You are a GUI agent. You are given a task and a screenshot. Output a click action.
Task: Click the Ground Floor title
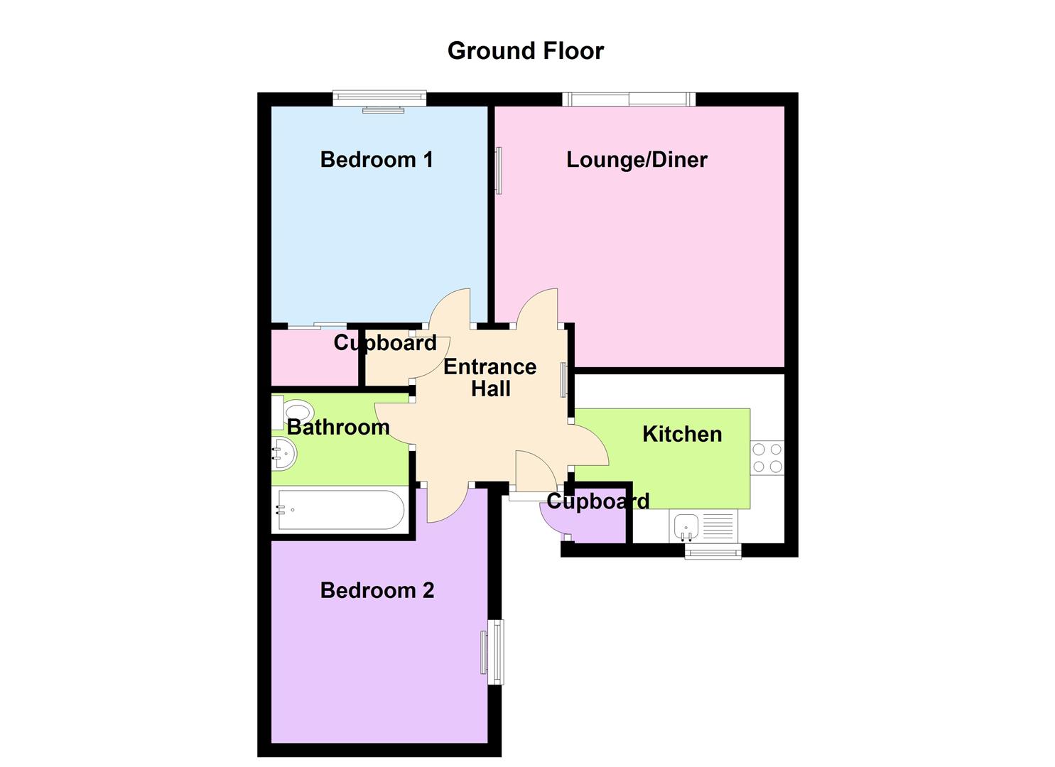526,51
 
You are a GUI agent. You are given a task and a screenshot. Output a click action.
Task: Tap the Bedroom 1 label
377,160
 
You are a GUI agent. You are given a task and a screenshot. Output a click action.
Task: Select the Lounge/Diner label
637,160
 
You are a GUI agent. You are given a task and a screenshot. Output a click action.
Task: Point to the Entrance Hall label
490,378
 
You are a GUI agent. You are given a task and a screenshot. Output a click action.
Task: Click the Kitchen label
682,434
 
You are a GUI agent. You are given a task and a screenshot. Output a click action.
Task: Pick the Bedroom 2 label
377,590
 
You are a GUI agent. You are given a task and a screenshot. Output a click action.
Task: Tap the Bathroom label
338,428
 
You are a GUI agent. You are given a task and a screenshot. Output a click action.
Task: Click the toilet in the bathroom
293,413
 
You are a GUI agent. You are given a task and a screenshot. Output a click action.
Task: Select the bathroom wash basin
284,454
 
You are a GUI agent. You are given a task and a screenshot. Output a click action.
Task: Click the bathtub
341,510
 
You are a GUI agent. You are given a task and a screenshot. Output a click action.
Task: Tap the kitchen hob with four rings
767,457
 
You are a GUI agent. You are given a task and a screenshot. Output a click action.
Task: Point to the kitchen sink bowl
686,526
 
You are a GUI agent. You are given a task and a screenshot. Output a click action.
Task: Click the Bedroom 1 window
379,99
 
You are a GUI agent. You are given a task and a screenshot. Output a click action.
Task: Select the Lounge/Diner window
629,99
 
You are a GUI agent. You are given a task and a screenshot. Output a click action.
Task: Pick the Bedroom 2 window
496,652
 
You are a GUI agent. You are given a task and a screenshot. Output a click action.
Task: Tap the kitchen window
713,551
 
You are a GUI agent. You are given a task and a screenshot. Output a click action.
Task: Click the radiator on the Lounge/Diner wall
499,170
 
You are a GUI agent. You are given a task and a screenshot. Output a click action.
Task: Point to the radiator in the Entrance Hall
564,379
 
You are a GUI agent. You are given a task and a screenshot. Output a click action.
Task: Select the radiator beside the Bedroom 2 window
483,653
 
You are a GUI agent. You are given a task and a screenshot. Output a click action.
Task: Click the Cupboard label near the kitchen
598,501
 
